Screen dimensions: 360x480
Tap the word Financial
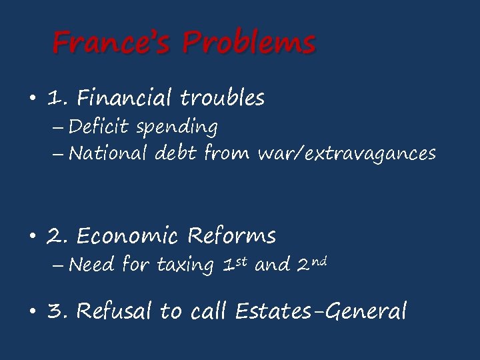pos(126,99)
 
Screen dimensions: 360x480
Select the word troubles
pos(223,99)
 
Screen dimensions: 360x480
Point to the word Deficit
pos(99,126)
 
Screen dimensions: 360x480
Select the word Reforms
pos(231,236)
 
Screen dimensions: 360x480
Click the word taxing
pos(185,266)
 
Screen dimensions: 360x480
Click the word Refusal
pos(116,311)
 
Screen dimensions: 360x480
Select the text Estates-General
pos(321,311)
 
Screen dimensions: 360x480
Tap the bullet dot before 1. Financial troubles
pos(32,100)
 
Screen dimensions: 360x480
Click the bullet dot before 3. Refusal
pos(32,312)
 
